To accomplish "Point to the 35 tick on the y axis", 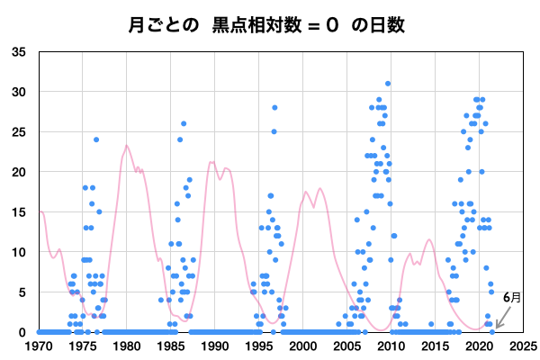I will pyautogui.click(x=19, y=52).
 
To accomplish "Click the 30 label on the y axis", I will pyautogui.click(x=19, y=92).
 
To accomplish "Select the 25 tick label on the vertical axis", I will pyautogui.click(x=19, y=132).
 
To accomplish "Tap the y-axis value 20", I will pyautogui.click(x=19, y=172).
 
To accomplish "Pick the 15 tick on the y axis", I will pyautogui.click(x=19, y=212).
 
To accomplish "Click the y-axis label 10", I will pyautogui.click(x=19, y=252).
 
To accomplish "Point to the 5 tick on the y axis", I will pyautogui.click(x=22, y=292).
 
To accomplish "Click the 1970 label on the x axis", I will pyautogui.click(x=39, y=345).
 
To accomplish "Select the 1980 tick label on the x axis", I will pyautogui.click(x=127, y=345).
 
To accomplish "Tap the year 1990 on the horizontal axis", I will pyautogui.click(x=215, y=345).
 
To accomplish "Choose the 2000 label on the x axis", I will pyautogui.click(x=303, y=345).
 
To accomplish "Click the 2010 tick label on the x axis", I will pyautogui.click(x=391, y=345).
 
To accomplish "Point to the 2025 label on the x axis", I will pyautogui.click(x=524, y=345).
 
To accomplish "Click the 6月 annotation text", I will pyautogui.click(x=510, y=297).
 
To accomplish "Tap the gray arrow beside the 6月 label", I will pyautogui.click(x=500, y=316).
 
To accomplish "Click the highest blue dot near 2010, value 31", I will pyautogui.click(x=388, y=84).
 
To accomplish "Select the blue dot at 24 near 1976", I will pyautogui.click(x=96, y=139).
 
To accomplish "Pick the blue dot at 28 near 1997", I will pyautogui.click(x=274, y=108).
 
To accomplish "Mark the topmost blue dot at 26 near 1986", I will pyautogui.click(x=184, y=124).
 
